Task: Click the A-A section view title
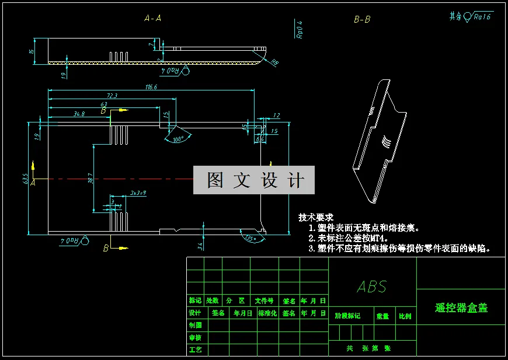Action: tap(152, 19)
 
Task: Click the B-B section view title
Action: tap(362, 19)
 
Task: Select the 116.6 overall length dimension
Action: tap(151, 87)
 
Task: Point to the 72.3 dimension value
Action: tap(112, 96)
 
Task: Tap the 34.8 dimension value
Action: tap(79, 114)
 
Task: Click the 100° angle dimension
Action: tap(178, 139)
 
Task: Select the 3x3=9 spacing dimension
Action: tap(138, 192)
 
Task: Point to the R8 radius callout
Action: tap(274, 63)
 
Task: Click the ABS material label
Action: tap(372, 286)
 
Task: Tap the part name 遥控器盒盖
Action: tap(461, 308)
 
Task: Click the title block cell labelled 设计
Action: tap(195, 313)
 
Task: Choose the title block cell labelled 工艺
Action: tap(195, 349)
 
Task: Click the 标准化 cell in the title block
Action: tap(267, 313)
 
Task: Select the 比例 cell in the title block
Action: tap(405, 316)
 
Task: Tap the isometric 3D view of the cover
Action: tap(377, 140)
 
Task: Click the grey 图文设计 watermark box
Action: tap(254, 180)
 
